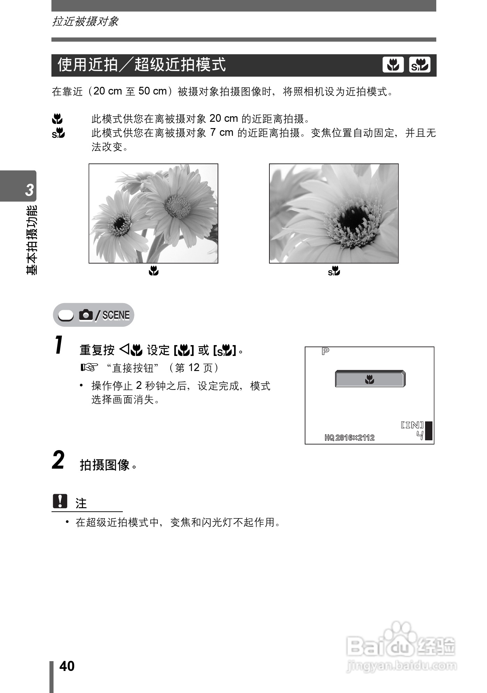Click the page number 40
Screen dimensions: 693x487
[67, 666]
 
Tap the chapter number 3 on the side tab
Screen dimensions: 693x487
[29, 190]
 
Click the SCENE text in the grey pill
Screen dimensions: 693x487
[116, 315]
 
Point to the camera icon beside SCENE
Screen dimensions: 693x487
[86, 315]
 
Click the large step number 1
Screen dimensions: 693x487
[59, 345]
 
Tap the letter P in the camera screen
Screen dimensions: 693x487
[325, 351]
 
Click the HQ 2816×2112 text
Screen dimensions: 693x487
[349, 437]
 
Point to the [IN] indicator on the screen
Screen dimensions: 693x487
[412, 425]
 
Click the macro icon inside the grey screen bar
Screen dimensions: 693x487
[369, 379]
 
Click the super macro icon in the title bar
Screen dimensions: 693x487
[419, 65]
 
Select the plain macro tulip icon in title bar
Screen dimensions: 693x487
[393, 65]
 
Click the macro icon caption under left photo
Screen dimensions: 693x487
[154, 271]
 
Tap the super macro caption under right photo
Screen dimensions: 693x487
[334, 271]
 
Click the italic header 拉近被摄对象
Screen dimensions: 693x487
[85, 22]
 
